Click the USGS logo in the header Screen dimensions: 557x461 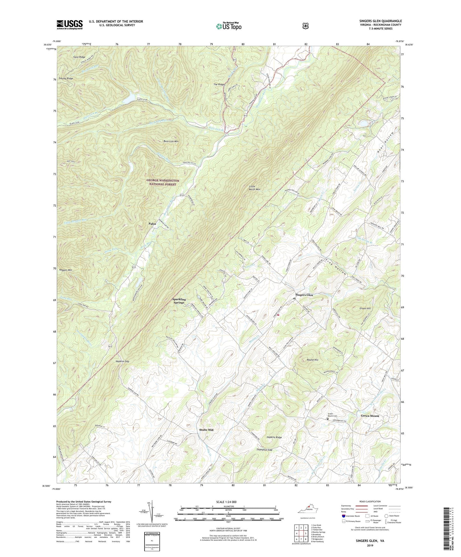(70, 25)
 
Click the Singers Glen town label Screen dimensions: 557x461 (304, 295)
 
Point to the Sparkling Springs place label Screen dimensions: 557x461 (179, 301)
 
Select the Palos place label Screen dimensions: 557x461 (152, 224)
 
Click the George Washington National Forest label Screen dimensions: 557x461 (163, 182)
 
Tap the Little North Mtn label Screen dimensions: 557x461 (254, 188)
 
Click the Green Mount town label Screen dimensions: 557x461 (370, 416)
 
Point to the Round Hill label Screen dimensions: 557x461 (312, 360)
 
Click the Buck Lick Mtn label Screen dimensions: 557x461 (171, 141)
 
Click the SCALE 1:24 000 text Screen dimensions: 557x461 (226, 502)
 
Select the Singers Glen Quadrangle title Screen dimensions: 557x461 (380, 21)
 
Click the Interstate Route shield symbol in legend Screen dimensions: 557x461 (344, 516)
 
